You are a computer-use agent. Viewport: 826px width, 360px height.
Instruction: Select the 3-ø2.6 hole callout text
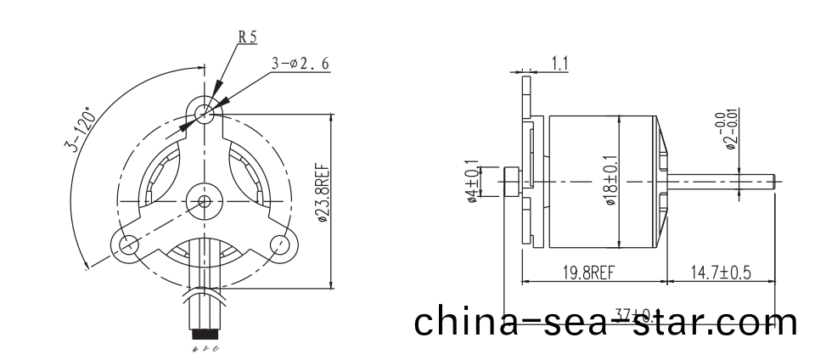301,63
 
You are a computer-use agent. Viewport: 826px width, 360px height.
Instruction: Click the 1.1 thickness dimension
560,62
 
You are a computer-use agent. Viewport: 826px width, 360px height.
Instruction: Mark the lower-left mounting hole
129,245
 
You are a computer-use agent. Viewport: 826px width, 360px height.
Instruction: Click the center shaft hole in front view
204,201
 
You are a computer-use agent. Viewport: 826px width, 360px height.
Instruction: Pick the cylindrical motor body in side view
603,180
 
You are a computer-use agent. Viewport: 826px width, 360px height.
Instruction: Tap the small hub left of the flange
511,180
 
